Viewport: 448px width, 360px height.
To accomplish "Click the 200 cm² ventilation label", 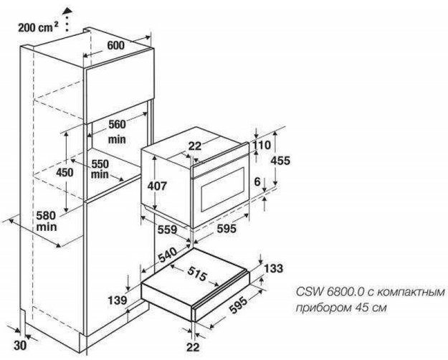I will [37, 29].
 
